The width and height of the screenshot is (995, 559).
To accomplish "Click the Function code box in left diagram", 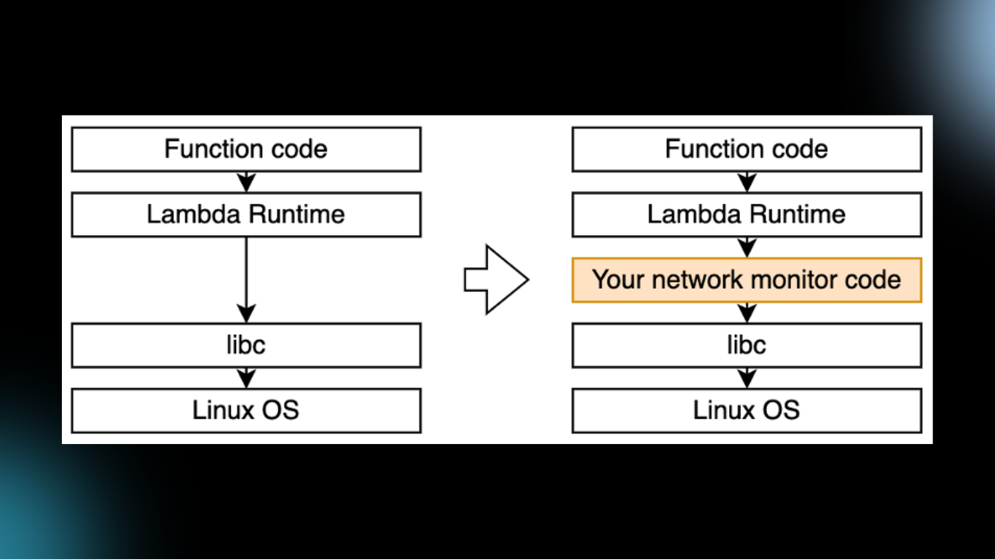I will [246, 149].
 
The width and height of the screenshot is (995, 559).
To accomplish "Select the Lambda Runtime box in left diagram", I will [246, 215].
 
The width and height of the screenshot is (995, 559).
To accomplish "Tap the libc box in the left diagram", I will [246, 345].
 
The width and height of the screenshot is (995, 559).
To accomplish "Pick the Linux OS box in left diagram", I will [246, 410].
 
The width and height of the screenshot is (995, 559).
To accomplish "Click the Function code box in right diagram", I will [747, 149].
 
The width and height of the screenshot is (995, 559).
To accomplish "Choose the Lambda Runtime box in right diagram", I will [747, 215].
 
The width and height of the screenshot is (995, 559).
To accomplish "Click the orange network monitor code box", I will [747, 279].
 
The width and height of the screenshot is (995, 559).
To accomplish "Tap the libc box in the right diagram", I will [747, 345].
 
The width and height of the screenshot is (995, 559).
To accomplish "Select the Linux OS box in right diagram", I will [747, 410].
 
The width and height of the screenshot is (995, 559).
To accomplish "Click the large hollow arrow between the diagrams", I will [495, 279].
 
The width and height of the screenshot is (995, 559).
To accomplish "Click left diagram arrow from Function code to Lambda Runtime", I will [246, 181].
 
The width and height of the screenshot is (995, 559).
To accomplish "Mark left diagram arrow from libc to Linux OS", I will [246, 377].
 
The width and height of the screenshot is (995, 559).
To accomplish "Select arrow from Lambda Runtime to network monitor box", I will [747, 247].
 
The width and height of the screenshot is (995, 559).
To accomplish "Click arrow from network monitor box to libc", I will [747, 312].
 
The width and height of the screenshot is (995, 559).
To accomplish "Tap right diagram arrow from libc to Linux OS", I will [747, 377].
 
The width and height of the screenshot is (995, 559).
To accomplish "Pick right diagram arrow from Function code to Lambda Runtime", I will [747, 181].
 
